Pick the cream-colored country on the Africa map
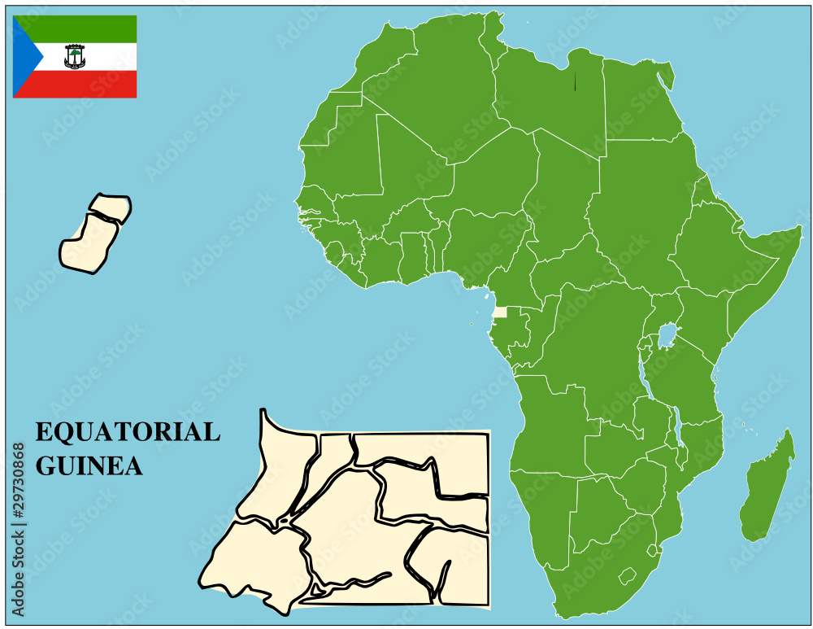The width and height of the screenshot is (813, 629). (x=499, y=312)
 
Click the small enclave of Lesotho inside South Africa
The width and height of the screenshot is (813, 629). (x=627, y=576)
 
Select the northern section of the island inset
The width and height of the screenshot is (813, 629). (x=110, y=207)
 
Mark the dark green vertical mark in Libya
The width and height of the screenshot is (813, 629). (x=575, y=81)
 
